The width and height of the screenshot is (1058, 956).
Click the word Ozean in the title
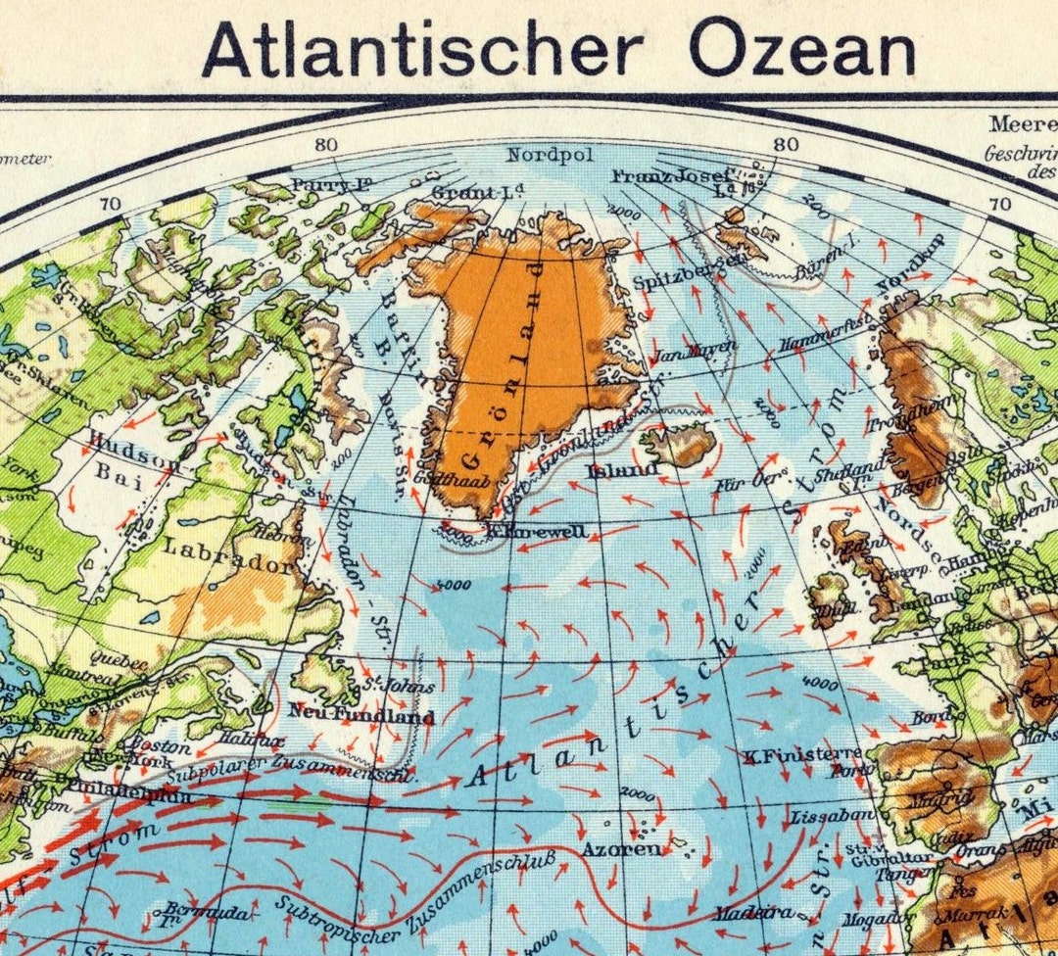tap(802, 48)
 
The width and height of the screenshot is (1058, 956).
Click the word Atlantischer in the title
tap(422, 48)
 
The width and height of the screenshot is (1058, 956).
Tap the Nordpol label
tap(544, 155)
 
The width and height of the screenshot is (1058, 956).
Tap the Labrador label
tap(229, 556)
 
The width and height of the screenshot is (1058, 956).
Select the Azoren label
tap(621, 849)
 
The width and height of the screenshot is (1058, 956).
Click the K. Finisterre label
tap(802, 754)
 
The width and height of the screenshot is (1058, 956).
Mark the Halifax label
tap(253, 741)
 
